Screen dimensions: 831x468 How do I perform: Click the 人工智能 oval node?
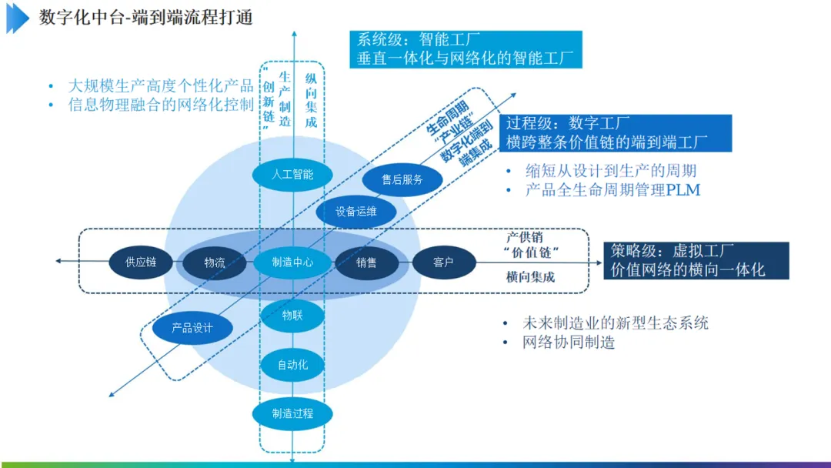pos(292,175)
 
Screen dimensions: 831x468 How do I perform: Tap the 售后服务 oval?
pos(402,180)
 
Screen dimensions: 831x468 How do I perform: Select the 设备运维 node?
pos(356,212)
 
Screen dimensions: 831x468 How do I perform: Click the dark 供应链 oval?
pos(141,262)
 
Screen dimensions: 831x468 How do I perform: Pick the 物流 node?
pos(215,262)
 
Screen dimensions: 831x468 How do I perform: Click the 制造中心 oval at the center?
pos(292,262)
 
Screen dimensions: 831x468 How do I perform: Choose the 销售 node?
pos(367,262)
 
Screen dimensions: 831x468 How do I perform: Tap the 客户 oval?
pos(443,262)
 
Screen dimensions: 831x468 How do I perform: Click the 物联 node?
pos(292,315)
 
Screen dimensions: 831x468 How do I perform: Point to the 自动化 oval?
pos(292,365)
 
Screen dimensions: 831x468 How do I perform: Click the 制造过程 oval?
pos(292,414)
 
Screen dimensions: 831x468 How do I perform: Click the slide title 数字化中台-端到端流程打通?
pos(146,18)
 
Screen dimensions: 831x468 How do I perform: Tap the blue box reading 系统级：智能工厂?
pos(466,49)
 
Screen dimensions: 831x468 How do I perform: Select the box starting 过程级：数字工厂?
pos(618,132)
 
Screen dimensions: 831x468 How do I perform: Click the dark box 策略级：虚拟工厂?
pos(696,260)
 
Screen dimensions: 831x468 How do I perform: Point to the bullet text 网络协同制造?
pos(569,343)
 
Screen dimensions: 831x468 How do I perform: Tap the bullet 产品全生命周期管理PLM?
pos(612,190)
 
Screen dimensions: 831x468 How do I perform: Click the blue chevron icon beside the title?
pos(18,18)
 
